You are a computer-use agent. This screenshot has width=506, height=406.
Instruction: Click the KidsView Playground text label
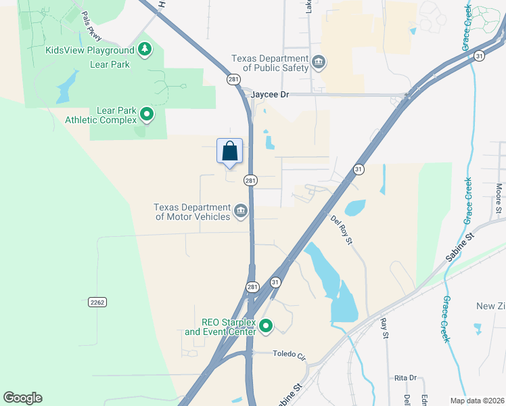coord(89,50)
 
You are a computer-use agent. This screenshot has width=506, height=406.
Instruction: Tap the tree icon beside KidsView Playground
coord(144,49)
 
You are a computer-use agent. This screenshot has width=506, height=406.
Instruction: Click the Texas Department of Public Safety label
coord(270,63)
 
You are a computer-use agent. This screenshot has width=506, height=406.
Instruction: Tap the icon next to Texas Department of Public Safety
coord(320,63)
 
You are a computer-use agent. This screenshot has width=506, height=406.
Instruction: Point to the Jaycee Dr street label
coord(269,95)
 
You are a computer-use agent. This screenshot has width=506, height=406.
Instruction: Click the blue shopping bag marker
coord(230,151)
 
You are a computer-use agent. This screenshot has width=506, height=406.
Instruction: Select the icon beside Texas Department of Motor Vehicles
coord(240,212)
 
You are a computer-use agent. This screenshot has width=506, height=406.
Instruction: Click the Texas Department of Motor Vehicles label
coord(192,212)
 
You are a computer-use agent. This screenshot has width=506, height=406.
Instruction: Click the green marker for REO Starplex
coord(266,327)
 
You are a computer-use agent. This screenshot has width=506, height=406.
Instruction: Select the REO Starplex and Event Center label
coord(220,327)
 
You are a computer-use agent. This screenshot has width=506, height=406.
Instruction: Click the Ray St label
coord(385,329)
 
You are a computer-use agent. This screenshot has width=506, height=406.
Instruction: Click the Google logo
coord(22,398)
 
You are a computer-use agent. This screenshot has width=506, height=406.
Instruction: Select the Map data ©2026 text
coord(477,400)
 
